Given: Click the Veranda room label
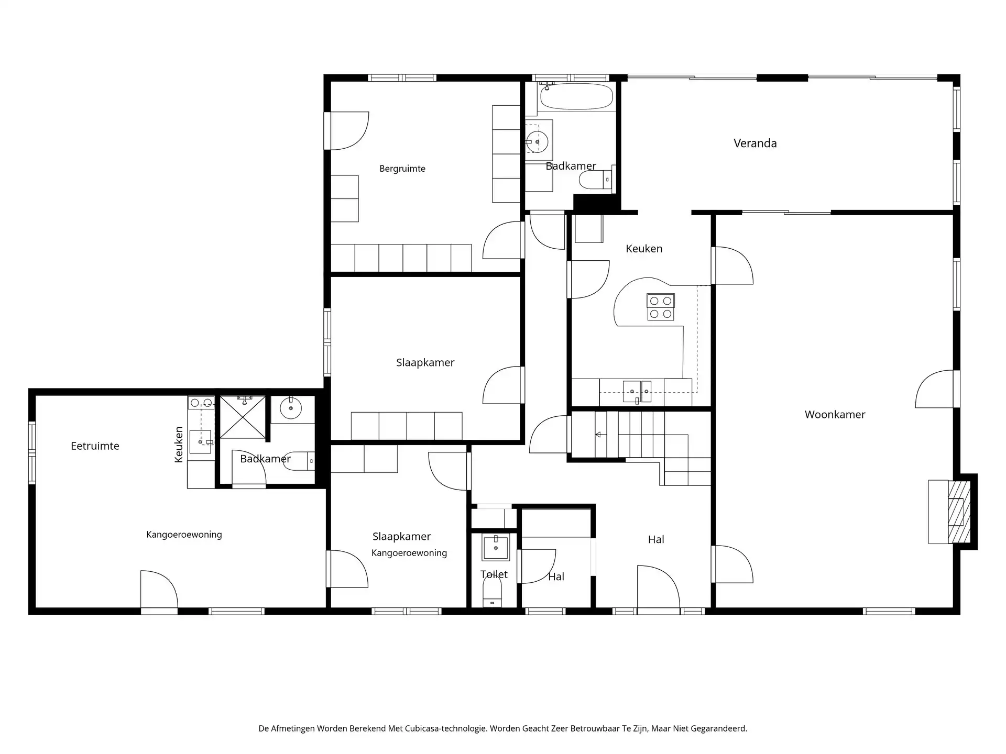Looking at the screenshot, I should (x=754, y=143).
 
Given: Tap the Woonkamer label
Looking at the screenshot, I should (x=835, y=415).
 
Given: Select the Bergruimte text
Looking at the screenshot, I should (x=402, y=169).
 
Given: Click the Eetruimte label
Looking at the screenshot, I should (x=95, y=446).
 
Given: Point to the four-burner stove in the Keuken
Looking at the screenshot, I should (x=660, y=307).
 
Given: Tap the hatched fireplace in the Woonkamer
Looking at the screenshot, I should (x=959, y=511).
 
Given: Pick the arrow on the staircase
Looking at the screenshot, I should (x=598, y=435).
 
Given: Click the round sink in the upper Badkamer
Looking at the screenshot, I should (x=538, y=141).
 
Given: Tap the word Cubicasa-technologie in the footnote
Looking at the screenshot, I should (x=445, y=728).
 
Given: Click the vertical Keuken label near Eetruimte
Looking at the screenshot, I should (x=179, y=445).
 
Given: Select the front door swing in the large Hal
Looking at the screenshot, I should (x=658, y=587).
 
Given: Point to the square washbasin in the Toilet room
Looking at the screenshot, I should (x=495, y=547).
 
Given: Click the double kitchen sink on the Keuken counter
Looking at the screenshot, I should (x=637, y=391).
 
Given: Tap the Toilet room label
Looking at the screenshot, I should (x=494, y=574).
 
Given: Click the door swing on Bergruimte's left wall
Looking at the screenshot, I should (x=348, y=131).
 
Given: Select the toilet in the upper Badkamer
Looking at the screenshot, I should (x=595, y=180).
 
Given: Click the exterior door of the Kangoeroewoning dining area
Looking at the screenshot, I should (x=159, y=592).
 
